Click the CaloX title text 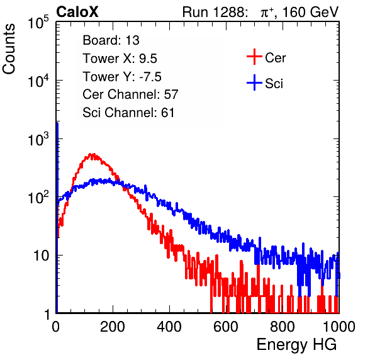pyautogui.click(x=77, y=12)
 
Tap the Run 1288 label pyautogui.click(x=213, y=12)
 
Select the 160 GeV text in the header pyautogui.click(x=310, y=12)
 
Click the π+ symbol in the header pyautogui.click(x=267, y=12)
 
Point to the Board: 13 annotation pyautogui.click(x=111, y=40)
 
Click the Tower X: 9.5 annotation pyautogui.click(x=120, y=59)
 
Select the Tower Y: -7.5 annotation pyautogui.click(x=122, y=77)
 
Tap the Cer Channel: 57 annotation pyautogui.click(x=130, y=94)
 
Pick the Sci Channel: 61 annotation pyautogui.click(x=128, y=113)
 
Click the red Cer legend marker pyautogui.click(x=254, y=57)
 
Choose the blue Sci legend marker pyautogui.click(x=254, y=83)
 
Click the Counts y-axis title pyautogui.click(x=9, y=49)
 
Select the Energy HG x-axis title pyautogui.click(x=297, y=345)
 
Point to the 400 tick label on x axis pyautogui.click(x=169, y=327)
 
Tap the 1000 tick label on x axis pyautogui.click(x=339, y=327)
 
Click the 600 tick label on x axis pyautogui.click(x=226, y=327)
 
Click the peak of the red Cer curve pyautogui.click(x=91, y=154)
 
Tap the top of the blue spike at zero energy pyautogui.click(x=57, y=123)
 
